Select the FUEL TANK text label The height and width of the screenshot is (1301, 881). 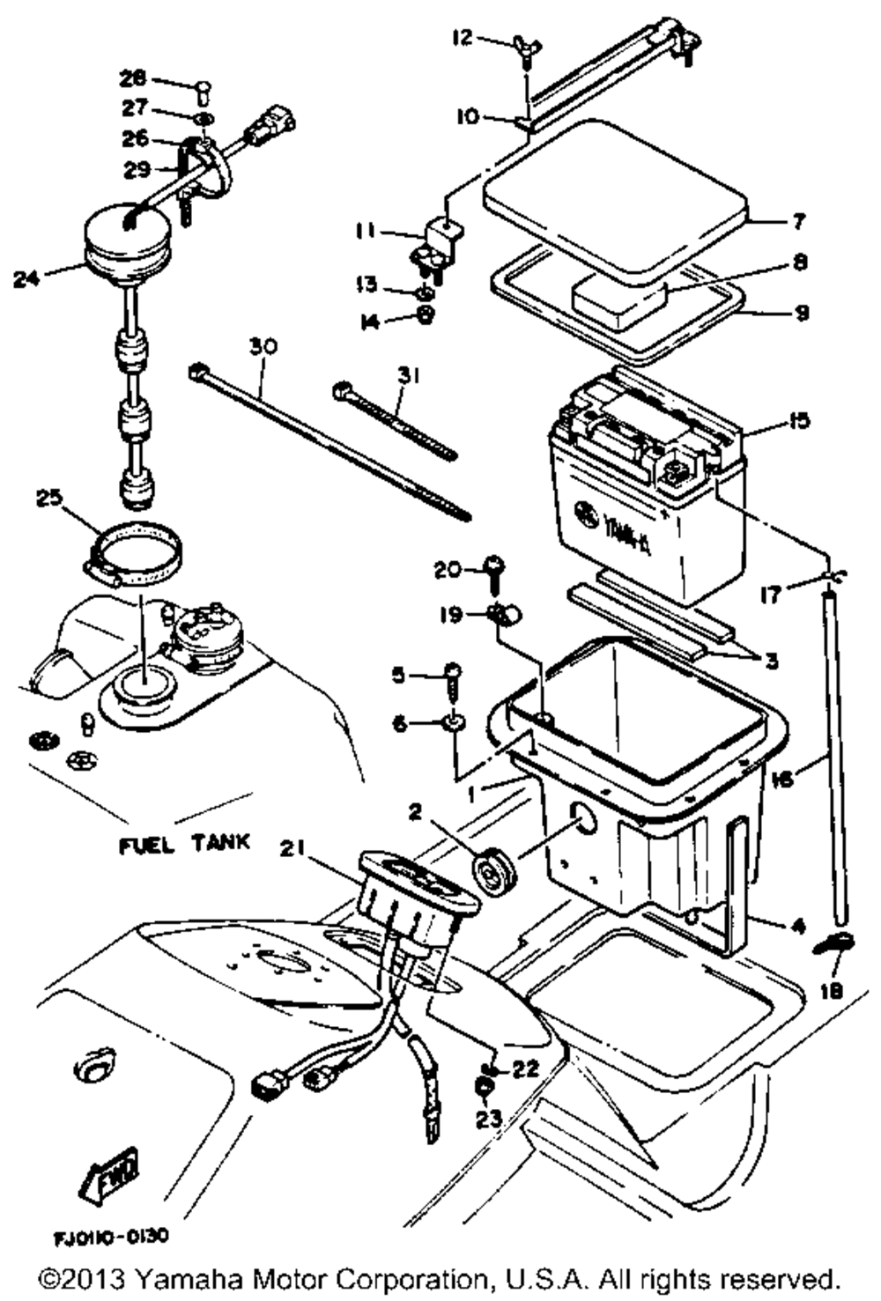pyautogui.click(x=184, y=844)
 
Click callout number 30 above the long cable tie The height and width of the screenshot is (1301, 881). pyautogui.click(x=262, y=347)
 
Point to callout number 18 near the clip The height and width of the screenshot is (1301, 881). pyautogui.click(x=831, y=990)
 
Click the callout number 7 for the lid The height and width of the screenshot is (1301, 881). pyautogui.click(x=798, y=220)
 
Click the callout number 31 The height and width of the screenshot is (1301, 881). pyautogui.click(x=408, y=376)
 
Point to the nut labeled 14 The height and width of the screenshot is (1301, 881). pyautogui.click(x=425, y=317)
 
